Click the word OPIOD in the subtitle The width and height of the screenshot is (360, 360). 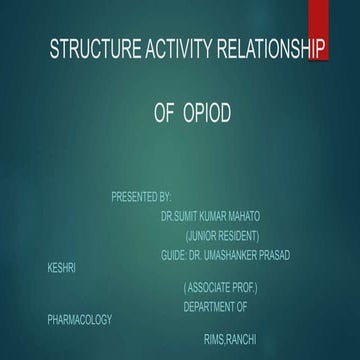(207, 114)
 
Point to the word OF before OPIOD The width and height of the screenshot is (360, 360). (165, 114)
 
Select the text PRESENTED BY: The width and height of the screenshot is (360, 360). (141, 196)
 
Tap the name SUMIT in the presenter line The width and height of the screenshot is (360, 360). (189, 215)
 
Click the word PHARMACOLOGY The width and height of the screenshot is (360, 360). (79, 320)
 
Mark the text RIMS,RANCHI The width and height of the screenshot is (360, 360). (229, 340)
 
